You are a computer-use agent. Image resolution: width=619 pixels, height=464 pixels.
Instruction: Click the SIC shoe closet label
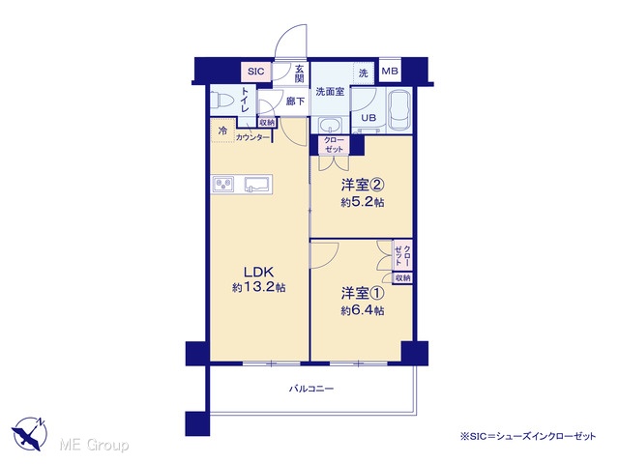coord(255,72)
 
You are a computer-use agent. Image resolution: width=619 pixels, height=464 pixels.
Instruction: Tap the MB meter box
coord(390,71)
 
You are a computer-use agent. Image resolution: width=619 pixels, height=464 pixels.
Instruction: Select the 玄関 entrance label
coord(300,73)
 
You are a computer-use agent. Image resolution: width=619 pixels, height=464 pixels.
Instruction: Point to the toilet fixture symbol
coord(219,101)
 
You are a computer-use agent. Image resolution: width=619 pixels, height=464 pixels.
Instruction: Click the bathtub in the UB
coord(399,110)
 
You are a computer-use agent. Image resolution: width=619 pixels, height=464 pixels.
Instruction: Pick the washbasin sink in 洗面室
coord(331,126)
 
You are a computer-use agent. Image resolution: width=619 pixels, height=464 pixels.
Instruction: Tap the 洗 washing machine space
coord(364,73)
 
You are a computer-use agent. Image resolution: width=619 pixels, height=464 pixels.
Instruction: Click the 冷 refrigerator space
coord(223,130)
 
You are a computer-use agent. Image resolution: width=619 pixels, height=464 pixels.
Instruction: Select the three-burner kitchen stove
coord(223,185)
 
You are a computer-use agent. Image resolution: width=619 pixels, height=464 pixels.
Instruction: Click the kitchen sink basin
coord(256,184)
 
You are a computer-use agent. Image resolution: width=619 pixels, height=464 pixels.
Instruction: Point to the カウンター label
coord(252,137)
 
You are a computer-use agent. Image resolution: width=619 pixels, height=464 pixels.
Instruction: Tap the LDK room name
coord(258,273)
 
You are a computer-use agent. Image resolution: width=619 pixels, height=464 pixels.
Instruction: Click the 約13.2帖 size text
coord(258,288)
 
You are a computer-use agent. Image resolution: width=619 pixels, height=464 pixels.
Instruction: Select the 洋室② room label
coord(363,185)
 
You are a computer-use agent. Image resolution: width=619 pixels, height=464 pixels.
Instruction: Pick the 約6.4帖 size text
coord(363,310)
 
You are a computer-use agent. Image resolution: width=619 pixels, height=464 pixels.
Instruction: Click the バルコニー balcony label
coord(311,389)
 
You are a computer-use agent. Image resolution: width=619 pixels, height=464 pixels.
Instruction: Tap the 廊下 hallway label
coord(295,101)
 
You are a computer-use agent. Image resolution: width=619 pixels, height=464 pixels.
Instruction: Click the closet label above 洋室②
coord(334,145)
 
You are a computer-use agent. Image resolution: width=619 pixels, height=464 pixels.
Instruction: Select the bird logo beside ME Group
coord(30,433)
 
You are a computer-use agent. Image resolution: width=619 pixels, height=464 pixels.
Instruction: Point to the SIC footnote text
coord(528,436)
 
